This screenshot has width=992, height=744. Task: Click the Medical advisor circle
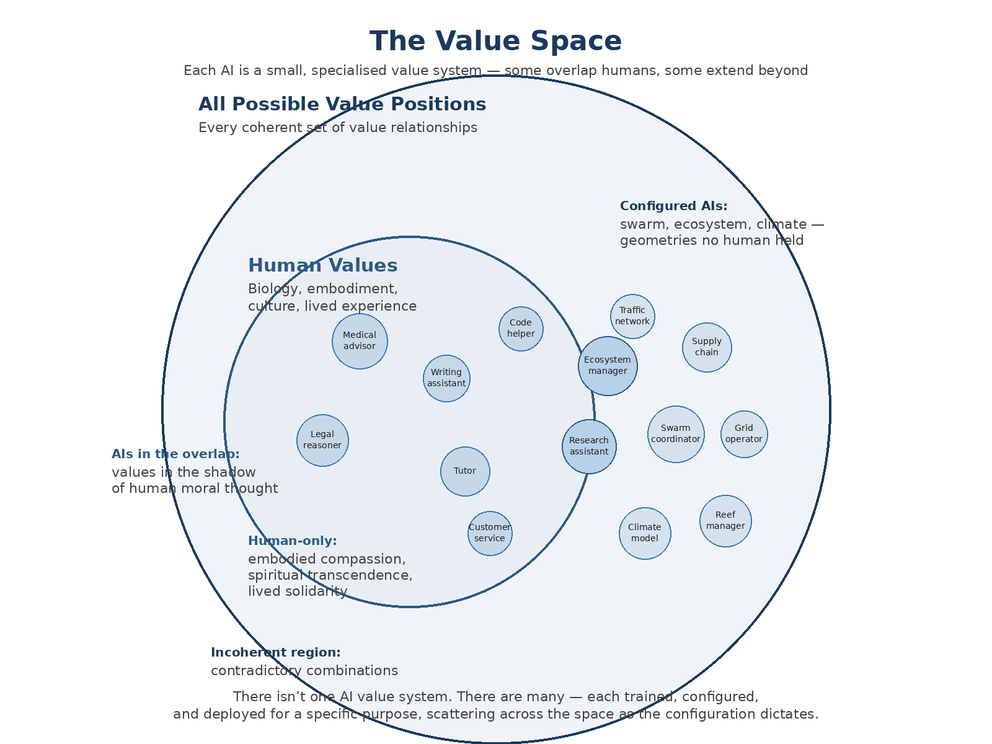pyautogui.click(x=360, y=341)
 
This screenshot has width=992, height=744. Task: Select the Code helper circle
pyautogui.click(x=521, y=329)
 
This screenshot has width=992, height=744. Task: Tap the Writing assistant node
pyautogui.click(x=446, y=378)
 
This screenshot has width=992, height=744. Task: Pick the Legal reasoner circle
pyautogui.click(x=322, y=440)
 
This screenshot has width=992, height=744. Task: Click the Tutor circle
pyautogui.click(x=465, y=471)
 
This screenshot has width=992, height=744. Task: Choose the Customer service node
pyautogui.click(x=490, y=533)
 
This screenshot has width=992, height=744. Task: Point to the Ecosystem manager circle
pyautogui.click(x=608, y=366)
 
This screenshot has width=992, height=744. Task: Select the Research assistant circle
pyautogui.click(x=589, y=446)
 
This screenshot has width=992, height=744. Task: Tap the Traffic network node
pyautogui.click(x=632, y=316)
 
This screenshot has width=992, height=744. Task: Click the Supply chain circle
pyautogui.click(x=707, y=347)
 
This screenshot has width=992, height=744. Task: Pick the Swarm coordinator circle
pyautogui.click(x=676, y=434)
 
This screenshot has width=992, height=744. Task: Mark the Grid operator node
pyautogui.click(x=744, y=434)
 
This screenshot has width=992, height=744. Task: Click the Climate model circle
pyautogui.click(x=645, y=533)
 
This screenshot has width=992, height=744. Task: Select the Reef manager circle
pyautogui.click(x=725, y=521)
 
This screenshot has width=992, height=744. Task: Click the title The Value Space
pyautogui.click(x=496, y=42)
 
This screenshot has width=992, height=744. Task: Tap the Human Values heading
pyautogui.click(x=322, y=266)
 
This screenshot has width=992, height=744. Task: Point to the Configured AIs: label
pyautogui.click(x=673, y=206)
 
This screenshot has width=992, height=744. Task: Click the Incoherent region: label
pyautogui.click(x=275, y=653)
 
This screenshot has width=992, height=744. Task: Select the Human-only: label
pyautogui.click(x=292, y=541)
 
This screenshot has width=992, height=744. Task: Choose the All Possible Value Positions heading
pyautogui.click(x=342, y=105)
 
